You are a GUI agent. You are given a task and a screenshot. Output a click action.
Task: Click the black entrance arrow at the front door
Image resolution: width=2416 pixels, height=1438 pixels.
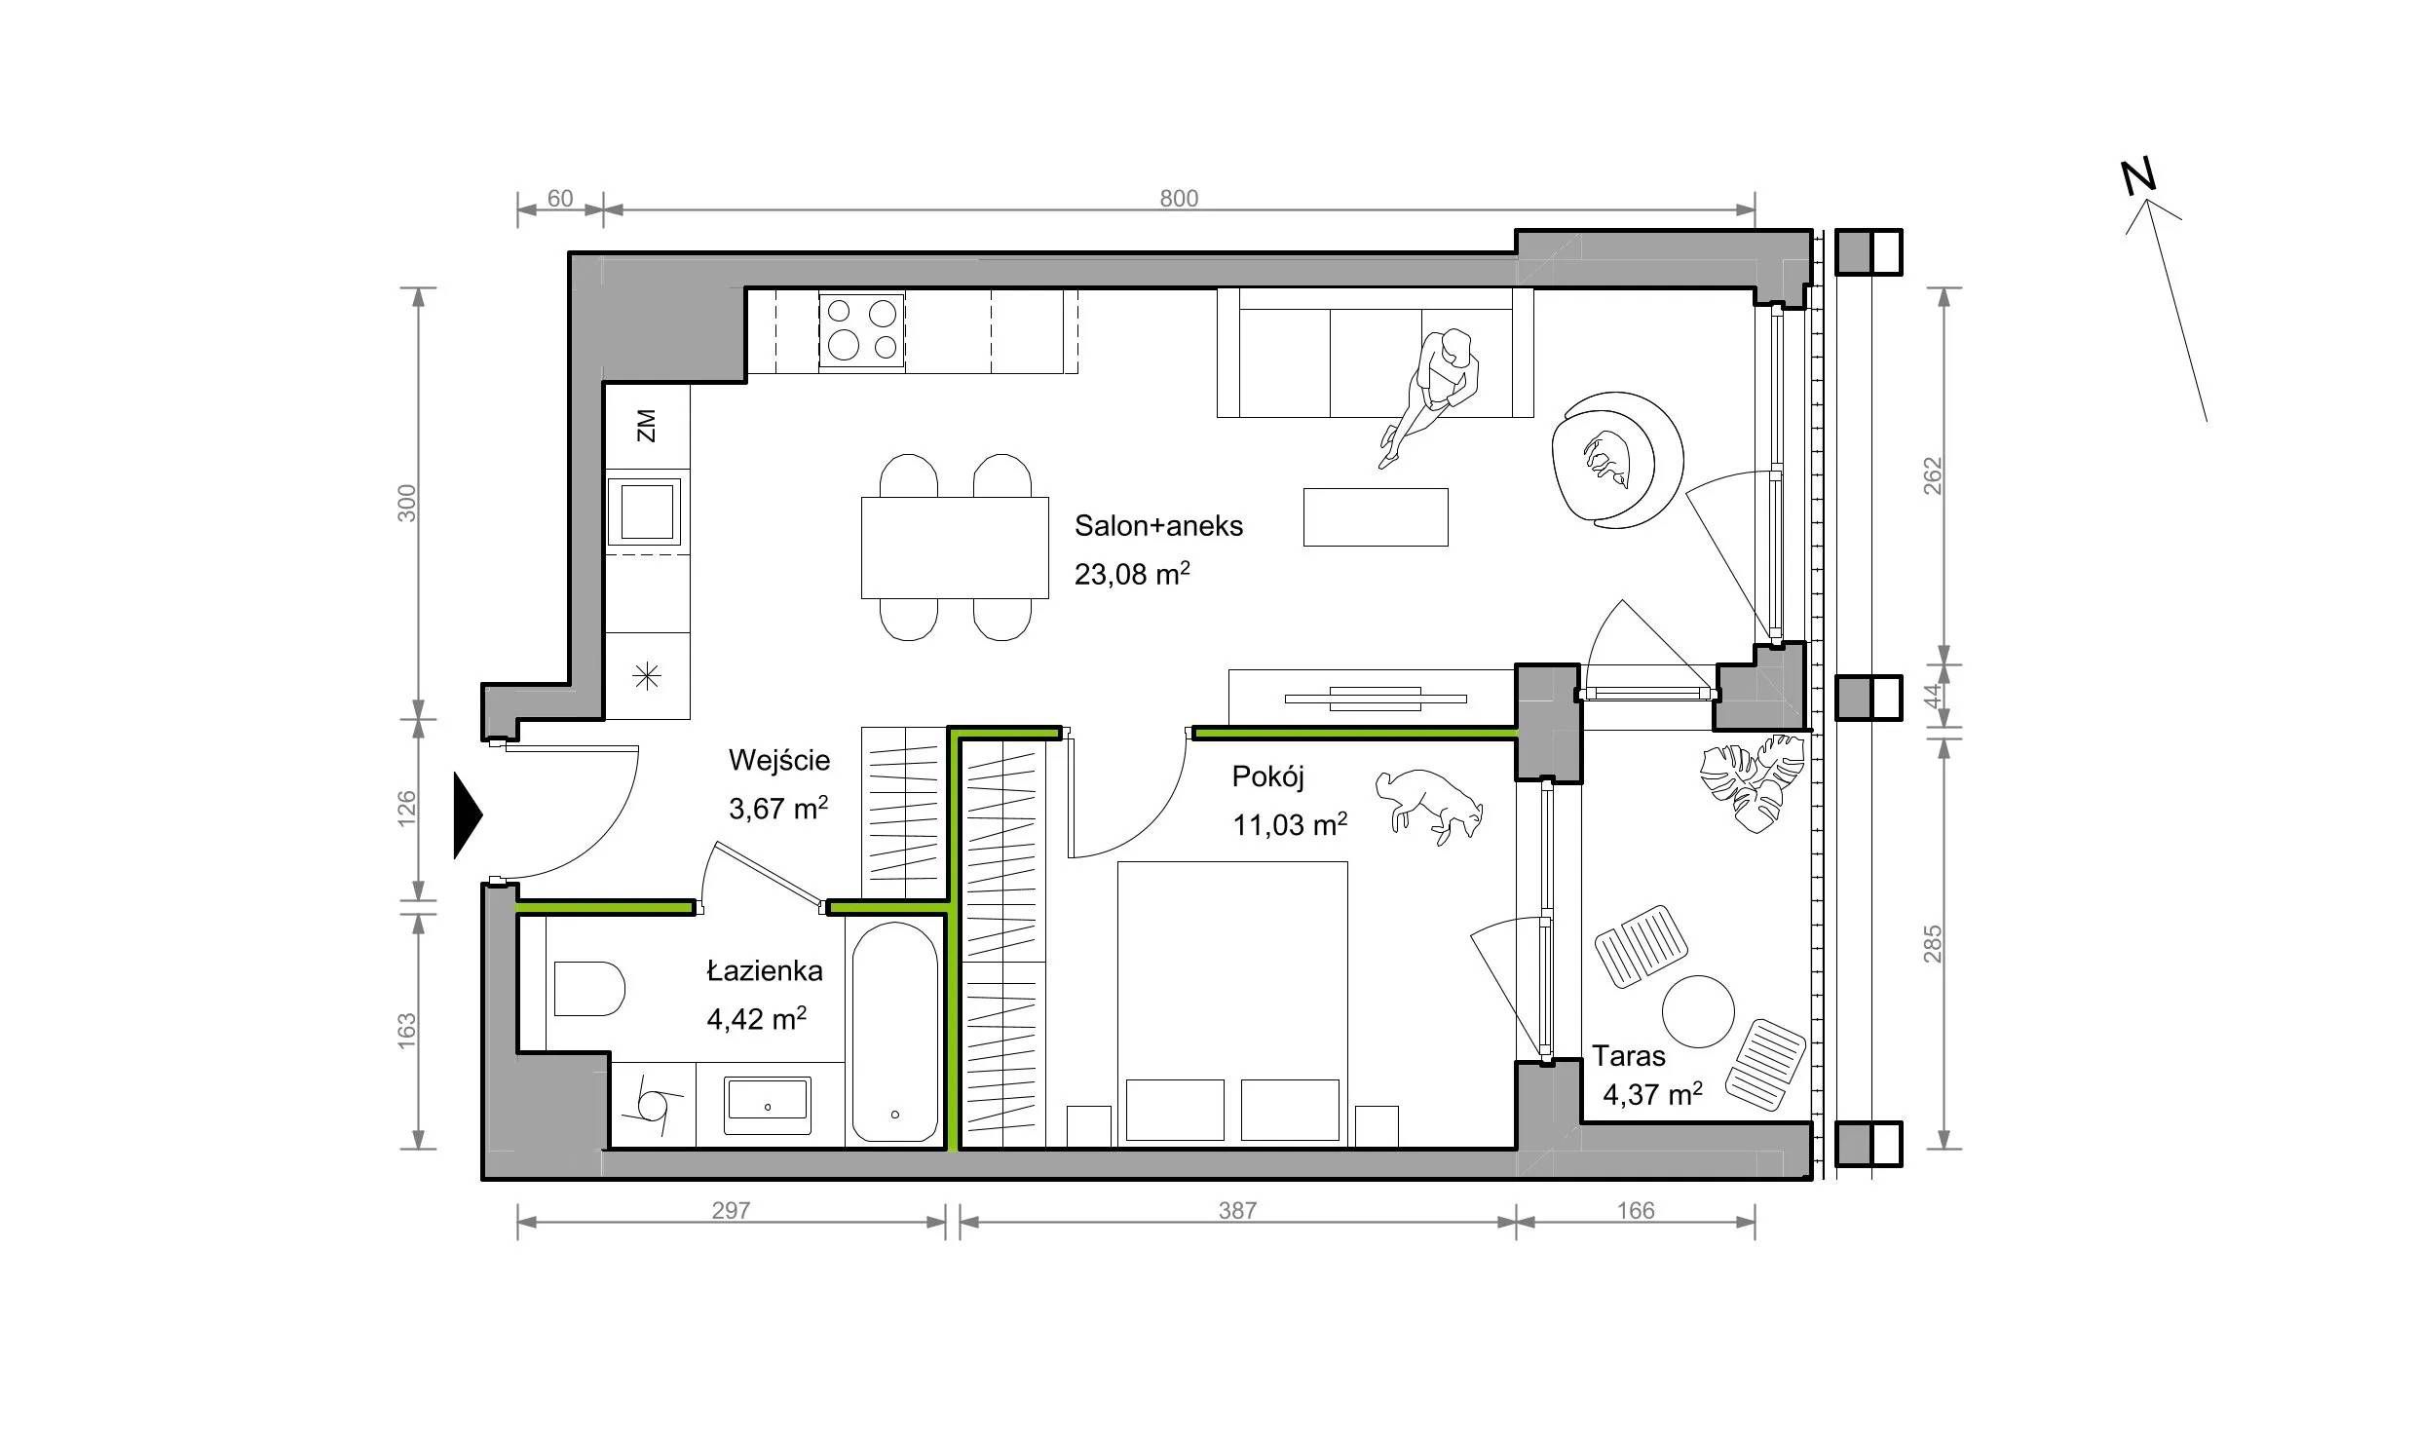pos(467,816)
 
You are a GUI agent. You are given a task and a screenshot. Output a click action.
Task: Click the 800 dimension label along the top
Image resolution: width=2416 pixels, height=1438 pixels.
pos(1179,199)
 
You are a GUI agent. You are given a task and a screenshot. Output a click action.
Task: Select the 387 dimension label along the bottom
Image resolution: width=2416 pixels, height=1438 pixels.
pos(1237,1211)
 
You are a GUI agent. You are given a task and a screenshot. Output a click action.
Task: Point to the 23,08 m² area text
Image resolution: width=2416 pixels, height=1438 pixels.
pos(1132,574)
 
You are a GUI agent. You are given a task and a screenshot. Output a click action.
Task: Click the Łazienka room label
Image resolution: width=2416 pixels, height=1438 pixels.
pos(765,970)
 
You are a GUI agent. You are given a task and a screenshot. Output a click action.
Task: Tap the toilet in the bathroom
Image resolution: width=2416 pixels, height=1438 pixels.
pos(588,989)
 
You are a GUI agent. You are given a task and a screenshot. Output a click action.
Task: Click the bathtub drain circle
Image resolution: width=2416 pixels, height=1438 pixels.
pos(895,1115)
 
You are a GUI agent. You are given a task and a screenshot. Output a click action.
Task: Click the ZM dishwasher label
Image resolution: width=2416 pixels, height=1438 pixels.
pos(646,426)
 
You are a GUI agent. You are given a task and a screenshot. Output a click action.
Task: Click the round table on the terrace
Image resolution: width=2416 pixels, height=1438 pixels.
pos(1698,1011)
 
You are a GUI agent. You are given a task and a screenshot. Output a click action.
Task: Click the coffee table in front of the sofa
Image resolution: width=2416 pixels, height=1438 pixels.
pos(1376,517)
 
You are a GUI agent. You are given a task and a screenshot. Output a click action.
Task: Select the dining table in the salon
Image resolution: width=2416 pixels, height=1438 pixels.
pos(955,548)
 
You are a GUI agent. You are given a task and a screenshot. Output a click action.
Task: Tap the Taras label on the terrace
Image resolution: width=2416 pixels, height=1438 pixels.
pos(1629,1056)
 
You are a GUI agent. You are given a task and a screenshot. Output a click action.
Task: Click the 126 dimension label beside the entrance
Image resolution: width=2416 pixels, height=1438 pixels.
pos(407,808)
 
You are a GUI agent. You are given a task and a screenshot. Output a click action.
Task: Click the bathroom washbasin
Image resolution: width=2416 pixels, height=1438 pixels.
pos(768,1105)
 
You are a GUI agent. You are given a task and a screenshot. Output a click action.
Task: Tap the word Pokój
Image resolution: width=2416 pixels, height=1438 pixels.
pos(1267,776)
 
